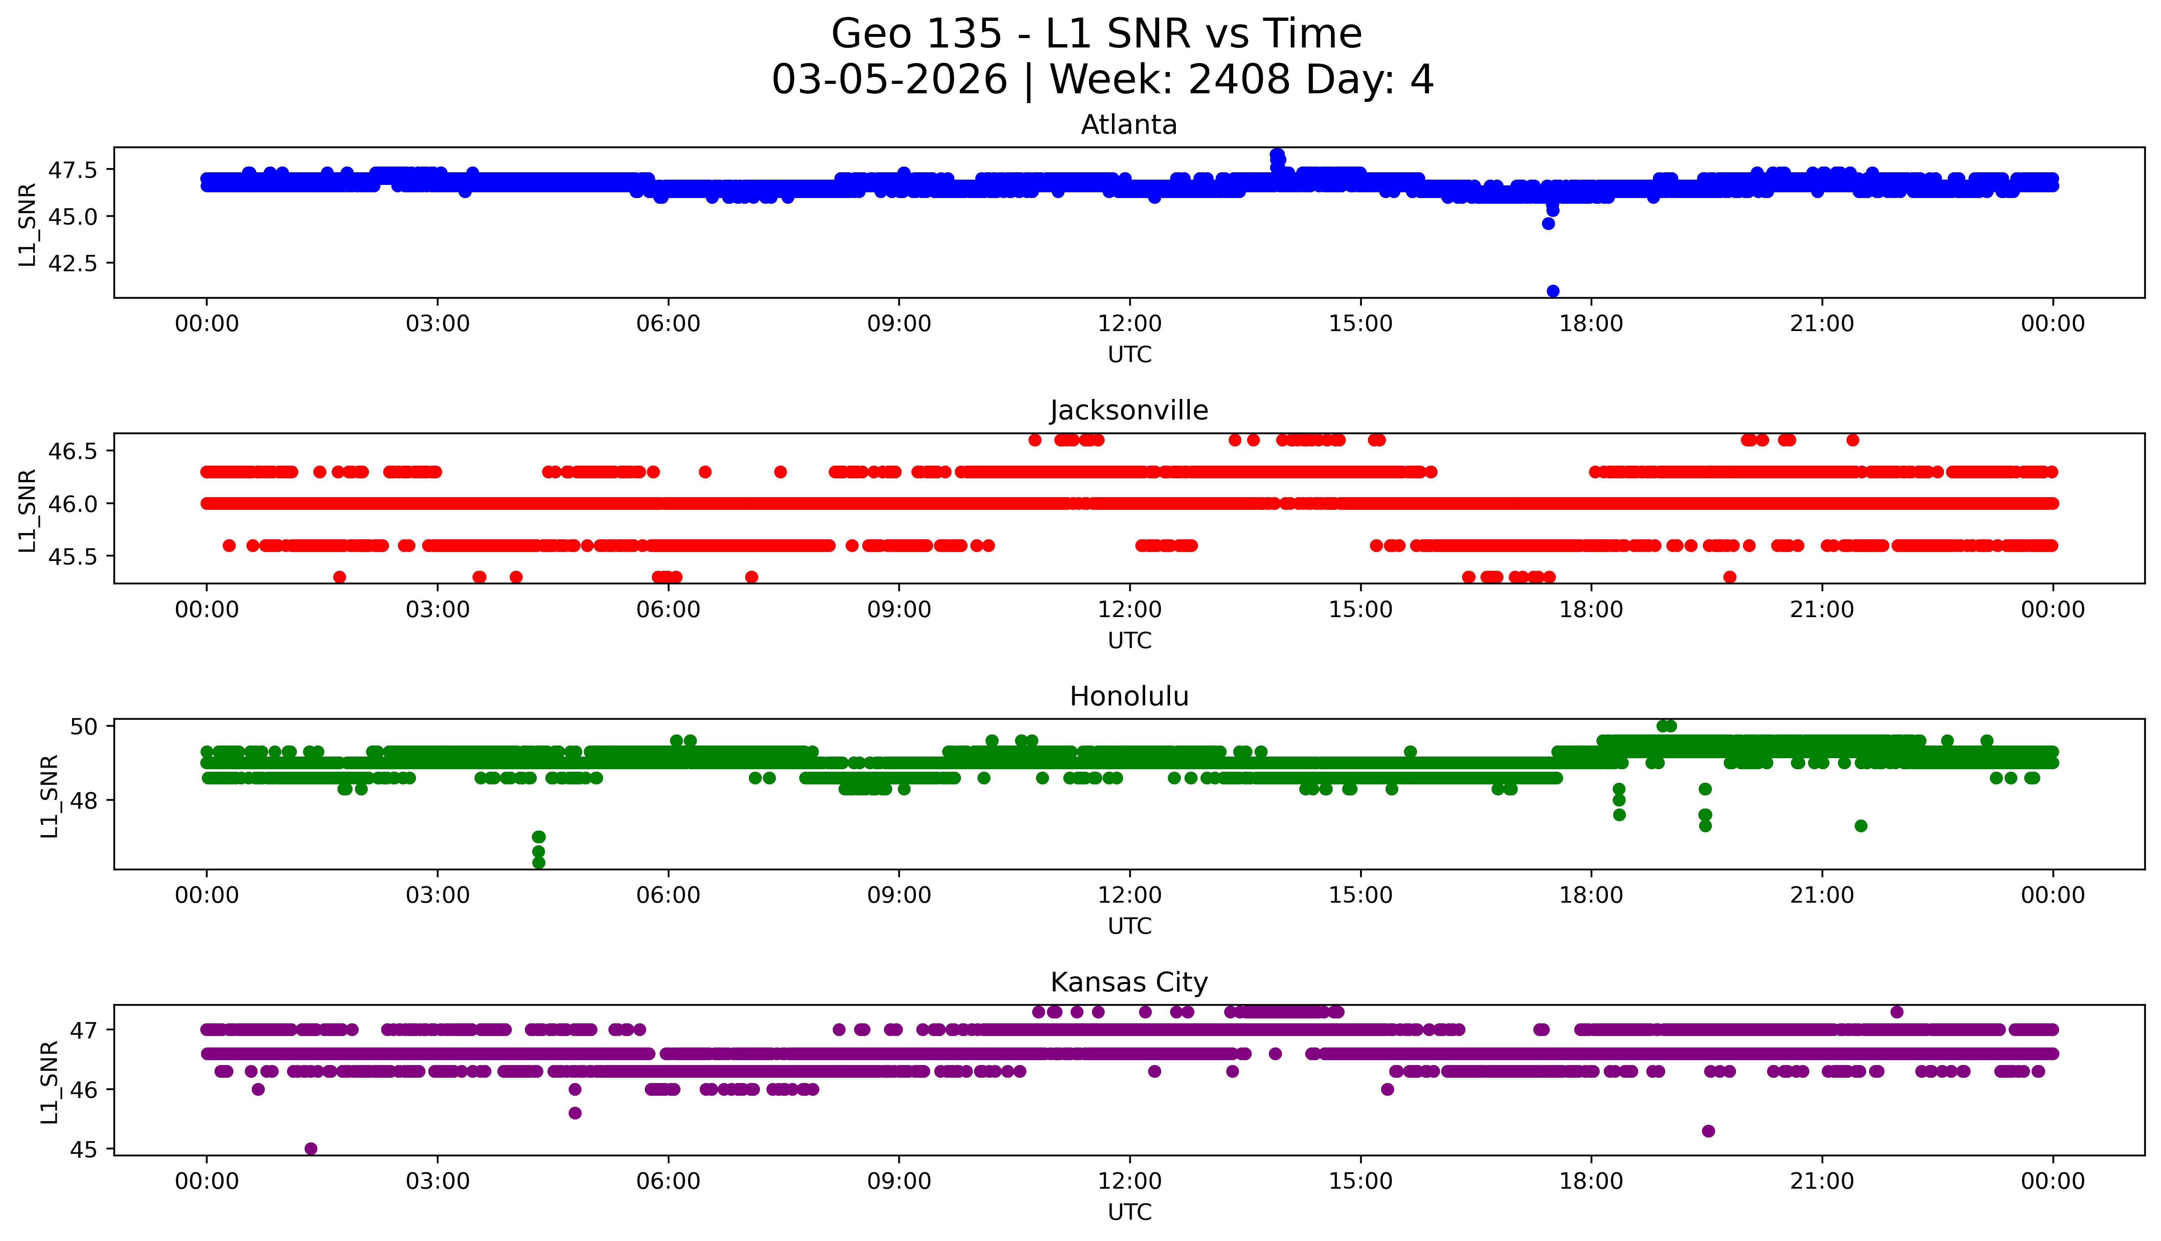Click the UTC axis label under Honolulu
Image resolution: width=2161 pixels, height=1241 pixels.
point(1129,926)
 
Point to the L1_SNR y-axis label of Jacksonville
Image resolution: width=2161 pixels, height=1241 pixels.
point(27,510)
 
